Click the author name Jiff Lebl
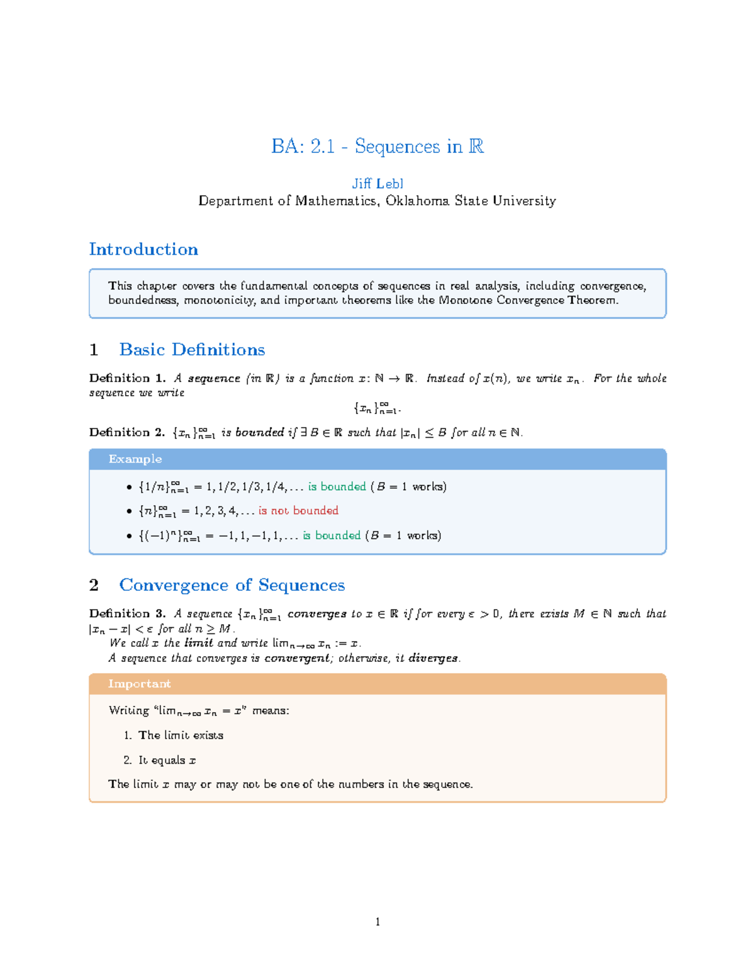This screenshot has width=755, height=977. (x=377, y=184)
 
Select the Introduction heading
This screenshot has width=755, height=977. (x=143, y=249)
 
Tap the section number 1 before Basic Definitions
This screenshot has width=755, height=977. (x=94, y=350)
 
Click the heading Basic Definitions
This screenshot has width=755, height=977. (x=192, y=350)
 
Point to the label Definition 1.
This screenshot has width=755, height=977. (x=126, y=378)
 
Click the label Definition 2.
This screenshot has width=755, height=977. (x=126, y=432)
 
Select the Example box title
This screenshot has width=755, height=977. (x=135, y=459)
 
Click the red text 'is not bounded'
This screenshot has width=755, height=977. (x=298, y=511)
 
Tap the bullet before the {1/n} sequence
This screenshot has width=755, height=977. (x=129, y=487)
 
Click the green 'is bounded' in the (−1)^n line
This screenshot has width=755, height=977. (x=332, y=535)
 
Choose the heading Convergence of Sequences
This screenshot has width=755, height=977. (x=232, y=585)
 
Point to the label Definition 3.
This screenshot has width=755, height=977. (x=126, y=613)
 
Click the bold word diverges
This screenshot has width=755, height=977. (x=433, y=658)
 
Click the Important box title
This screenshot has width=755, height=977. (x=139, y=684)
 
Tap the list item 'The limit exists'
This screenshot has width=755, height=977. (x=181, y=735)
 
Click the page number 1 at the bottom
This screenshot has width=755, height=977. (x=377, y=922)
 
